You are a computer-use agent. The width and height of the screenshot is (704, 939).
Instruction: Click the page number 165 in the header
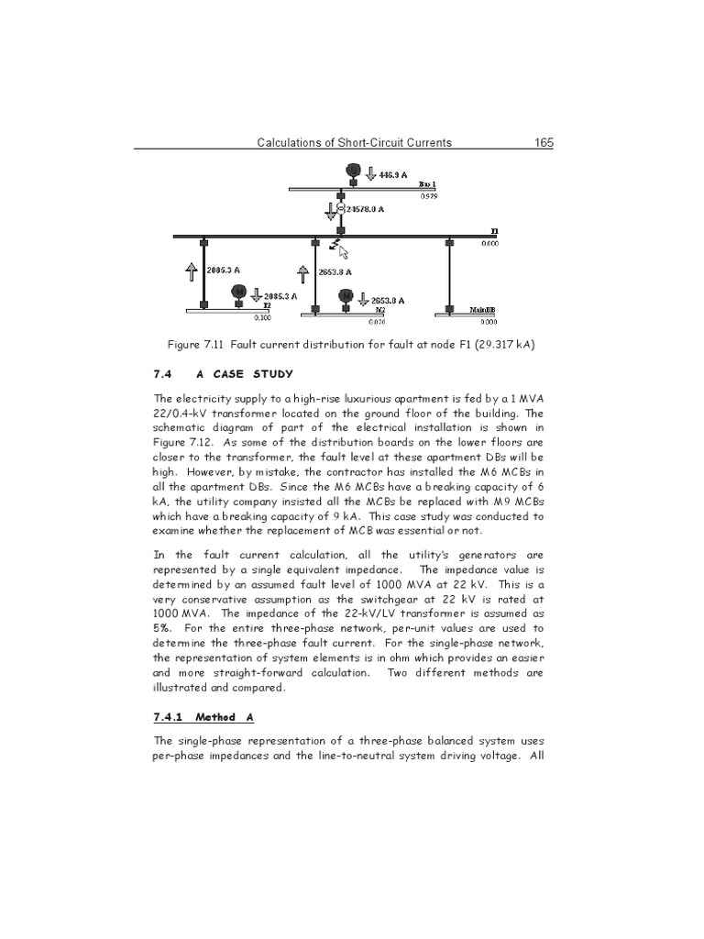pos(541,142)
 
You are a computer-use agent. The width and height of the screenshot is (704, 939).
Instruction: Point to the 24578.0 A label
pos(364,209)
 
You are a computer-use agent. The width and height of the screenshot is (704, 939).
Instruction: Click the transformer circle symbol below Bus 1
pos(340,209)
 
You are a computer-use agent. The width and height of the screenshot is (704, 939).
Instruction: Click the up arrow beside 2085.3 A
pos(191,271)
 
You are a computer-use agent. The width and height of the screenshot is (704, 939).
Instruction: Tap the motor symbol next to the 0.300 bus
pos(238,293)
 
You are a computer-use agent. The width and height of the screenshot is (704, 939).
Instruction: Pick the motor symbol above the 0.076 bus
pos(346,297)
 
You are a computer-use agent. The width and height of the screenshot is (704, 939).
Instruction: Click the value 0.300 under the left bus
pos(261,319)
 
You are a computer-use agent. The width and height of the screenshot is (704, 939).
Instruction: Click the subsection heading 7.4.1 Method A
pos(194,716)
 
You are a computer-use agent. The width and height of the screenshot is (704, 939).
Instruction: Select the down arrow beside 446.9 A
pos(370,172)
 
